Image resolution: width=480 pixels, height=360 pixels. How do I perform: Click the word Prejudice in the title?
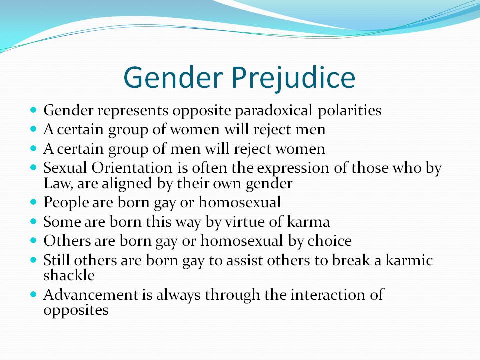(293, 78)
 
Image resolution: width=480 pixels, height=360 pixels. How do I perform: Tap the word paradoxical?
(274, 111)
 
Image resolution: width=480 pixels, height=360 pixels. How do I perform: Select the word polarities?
(350, 111)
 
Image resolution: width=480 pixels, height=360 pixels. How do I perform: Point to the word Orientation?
(132, 168)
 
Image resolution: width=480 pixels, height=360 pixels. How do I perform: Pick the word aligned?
(126, 184)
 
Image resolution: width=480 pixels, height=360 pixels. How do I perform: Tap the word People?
(66, 203)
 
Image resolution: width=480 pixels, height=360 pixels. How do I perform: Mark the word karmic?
(409, 260)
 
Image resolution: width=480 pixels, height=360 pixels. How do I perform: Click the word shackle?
(69, 275)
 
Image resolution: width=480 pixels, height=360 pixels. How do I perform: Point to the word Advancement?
(91, 295)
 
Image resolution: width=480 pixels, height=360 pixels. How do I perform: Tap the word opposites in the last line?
(76, 310)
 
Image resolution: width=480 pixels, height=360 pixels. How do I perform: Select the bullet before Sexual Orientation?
(33, 168)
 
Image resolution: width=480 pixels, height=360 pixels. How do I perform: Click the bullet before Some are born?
(33, 221)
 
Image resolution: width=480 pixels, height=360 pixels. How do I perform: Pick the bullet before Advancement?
(33, 294)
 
